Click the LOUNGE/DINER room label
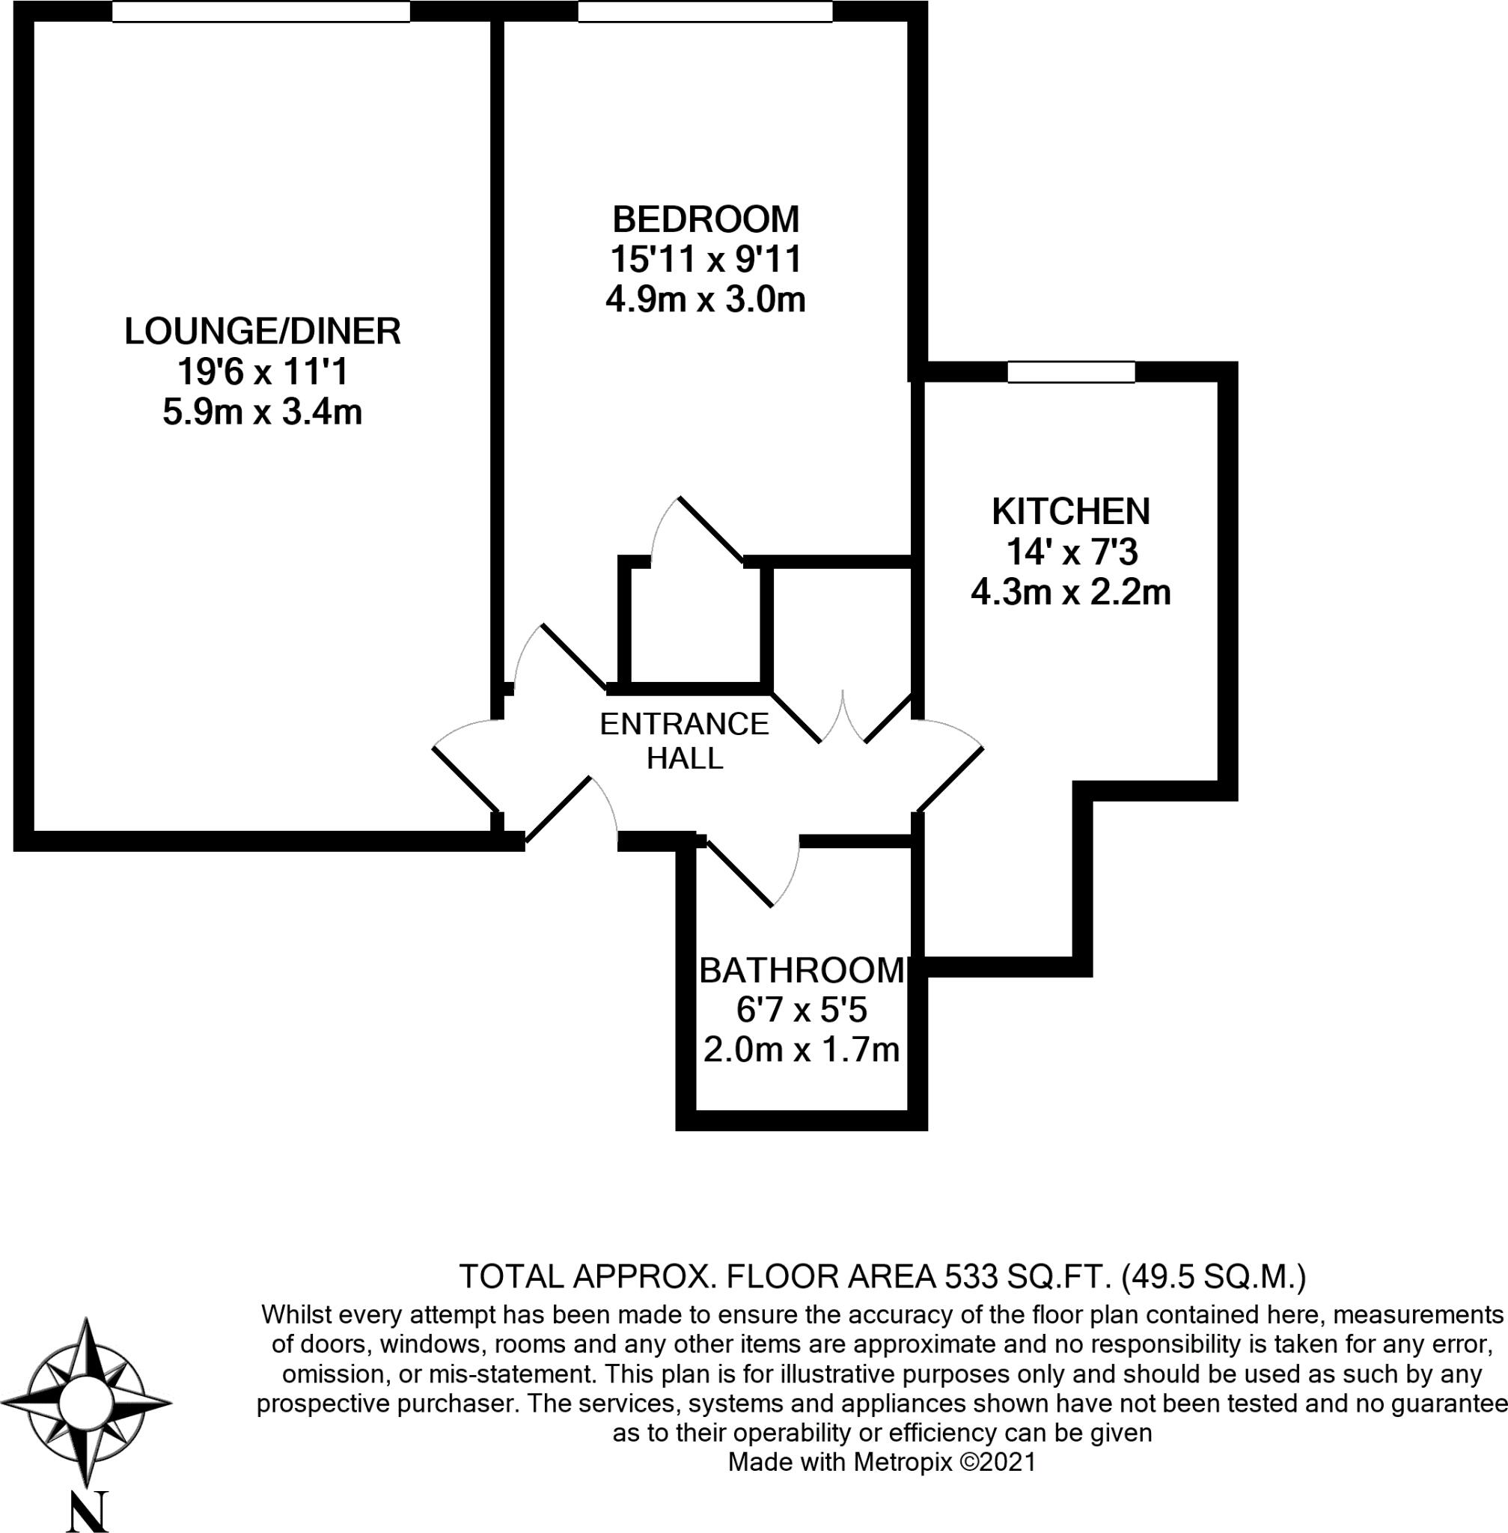[262, 331]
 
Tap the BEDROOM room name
[705, 219]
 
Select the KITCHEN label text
[1071, 511]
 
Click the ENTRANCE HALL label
[684, 741]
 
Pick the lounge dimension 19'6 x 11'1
[262, 371]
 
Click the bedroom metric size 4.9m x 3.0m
[705, 300]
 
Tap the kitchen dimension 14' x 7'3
[1071, 552]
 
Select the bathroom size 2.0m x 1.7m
[802, 1050]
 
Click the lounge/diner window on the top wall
[260, 12]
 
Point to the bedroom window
[705, 12]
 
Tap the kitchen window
[1071, 371]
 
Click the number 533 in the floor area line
[964, 1277]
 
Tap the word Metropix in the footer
[902, 1462]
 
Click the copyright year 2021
[1007, 1462]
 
